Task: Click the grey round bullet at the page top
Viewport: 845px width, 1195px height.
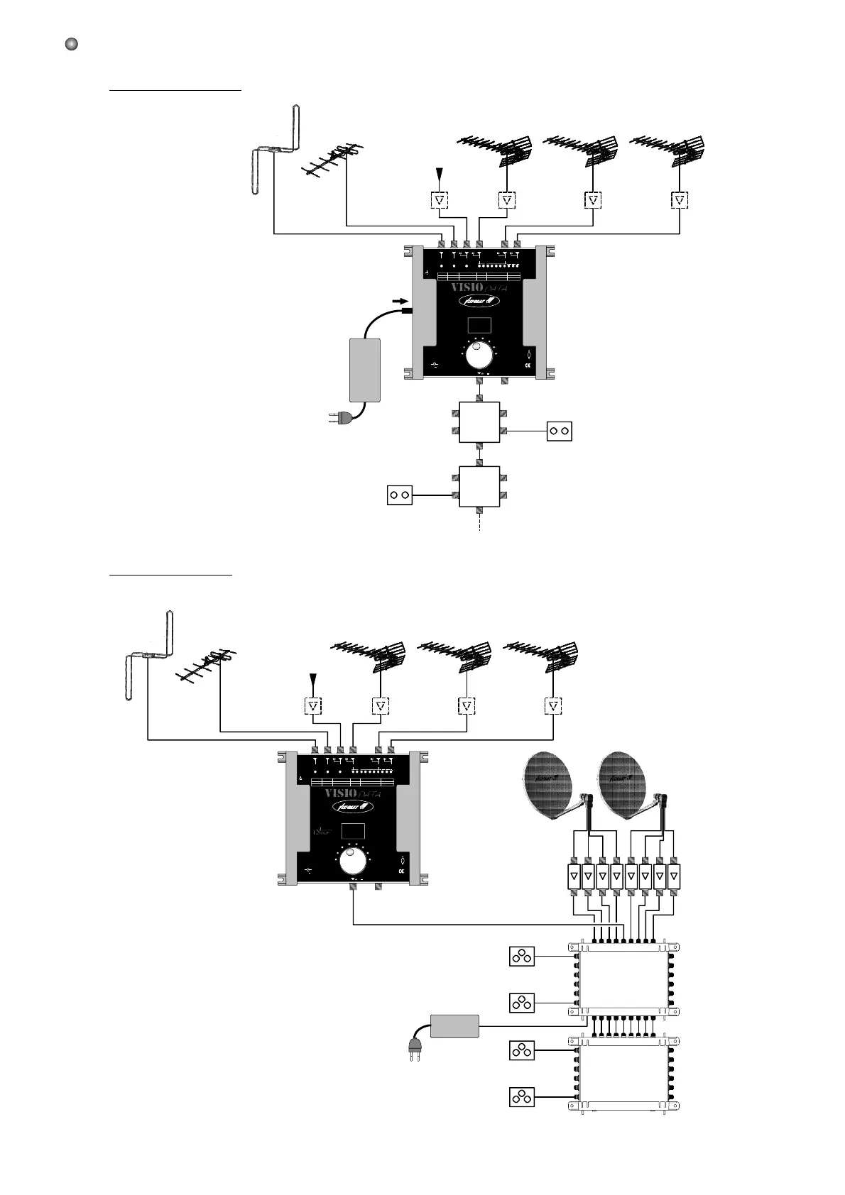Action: coord(71,44)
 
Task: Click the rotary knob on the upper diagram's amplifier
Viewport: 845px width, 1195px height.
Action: coord(480,356)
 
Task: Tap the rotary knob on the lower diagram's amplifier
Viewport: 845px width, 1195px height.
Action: coord(353,861)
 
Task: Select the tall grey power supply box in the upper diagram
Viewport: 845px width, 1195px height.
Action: coord(365,370)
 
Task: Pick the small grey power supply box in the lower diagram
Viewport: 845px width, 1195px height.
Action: coord(454,1026)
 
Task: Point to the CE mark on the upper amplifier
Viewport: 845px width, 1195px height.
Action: coord(528,366)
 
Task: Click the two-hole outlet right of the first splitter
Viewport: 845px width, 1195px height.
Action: coord(559,431)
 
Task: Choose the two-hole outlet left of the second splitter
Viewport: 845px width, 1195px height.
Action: coord(399,495)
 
